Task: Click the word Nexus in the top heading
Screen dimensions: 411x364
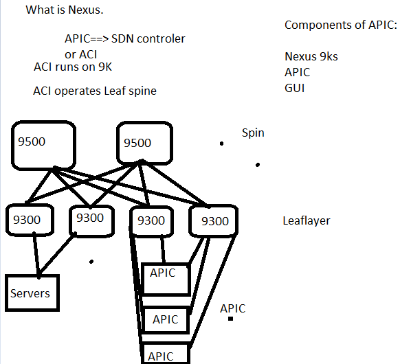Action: pos(86,10)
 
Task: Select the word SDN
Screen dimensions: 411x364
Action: pos(122,38)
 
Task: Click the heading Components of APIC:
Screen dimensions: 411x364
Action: pos(341,25)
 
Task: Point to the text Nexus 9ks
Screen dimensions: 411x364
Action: pos(311,56)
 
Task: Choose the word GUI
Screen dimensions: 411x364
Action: pos(295,88)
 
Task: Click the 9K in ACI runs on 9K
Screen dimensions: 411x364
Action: pos(105,67)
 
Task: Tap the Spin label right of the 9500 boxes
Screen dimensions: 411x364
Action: pos(253,133)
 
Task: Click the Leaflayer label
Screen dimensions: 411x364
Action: pos(307,221)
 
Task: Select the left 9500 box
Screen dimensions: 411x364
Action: pos(43,145)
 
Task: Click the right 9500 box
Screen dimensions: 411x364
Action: pos(144,143)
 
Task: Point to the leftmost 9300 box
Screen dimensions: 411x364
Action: pos(30,220)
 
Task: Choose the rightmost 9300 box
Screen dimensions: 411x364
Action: pos(213,221)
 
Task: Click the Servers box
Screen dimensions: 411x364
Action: pos(32,293)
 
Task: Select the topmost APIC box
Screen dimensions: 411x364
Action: pos(166,279)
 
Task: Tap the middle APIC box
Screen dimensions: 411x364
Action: pos(166,319)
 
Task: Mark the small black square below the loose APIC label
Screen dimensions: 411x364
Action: pos(231,319)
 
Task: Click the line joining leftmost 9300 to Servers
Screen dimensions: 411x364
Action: pos(36,255)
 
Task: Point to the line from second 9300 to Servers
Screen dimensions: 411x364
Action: pos(57,255)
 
